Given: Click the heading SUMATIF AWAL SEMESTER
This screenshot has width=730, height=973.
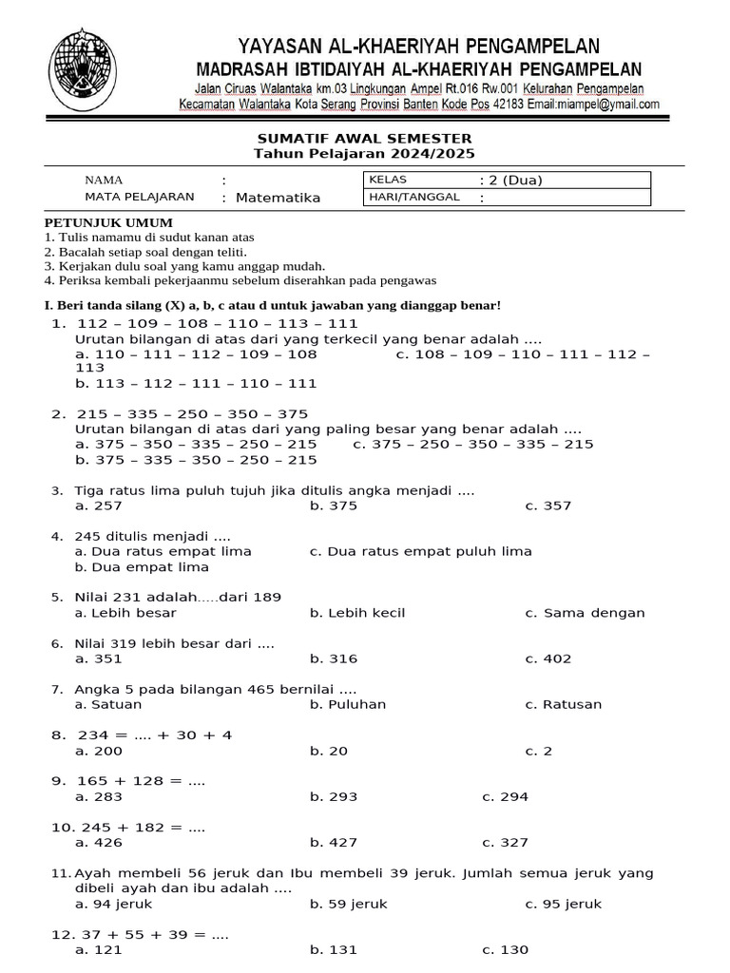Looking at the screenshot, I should (x=364, y=139).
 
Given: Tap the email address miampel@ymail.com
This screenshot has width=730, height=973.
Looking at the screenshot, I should (x=607, y=105).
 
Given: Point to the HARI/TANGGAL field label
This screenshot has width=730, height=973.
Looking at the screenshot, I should (x=413, y=197).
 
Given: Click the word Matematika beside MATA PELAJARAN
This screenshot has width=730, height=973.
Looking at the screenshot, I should (x=278, y=198).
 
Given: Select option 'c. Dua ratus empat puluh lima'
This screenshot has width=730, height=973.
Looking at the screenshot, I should (x=420, y=551).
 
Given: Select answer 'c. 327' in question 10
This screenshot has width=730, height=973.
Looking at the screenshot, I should (x=505, y=842).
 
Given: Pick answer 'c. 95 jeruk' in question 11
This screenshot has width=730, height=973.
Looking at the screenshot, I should (x=564, y=904).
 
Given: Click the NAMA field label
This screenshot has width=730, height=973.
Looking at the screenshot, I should (x=104, y=180).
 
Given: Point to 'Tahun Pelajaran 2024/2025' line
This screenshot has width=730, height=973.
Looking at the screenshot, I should (x=364, y=154).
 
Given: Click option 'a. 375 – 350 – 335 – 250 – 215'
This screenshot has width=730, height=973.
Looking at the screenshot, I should (x=196, y=444).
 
